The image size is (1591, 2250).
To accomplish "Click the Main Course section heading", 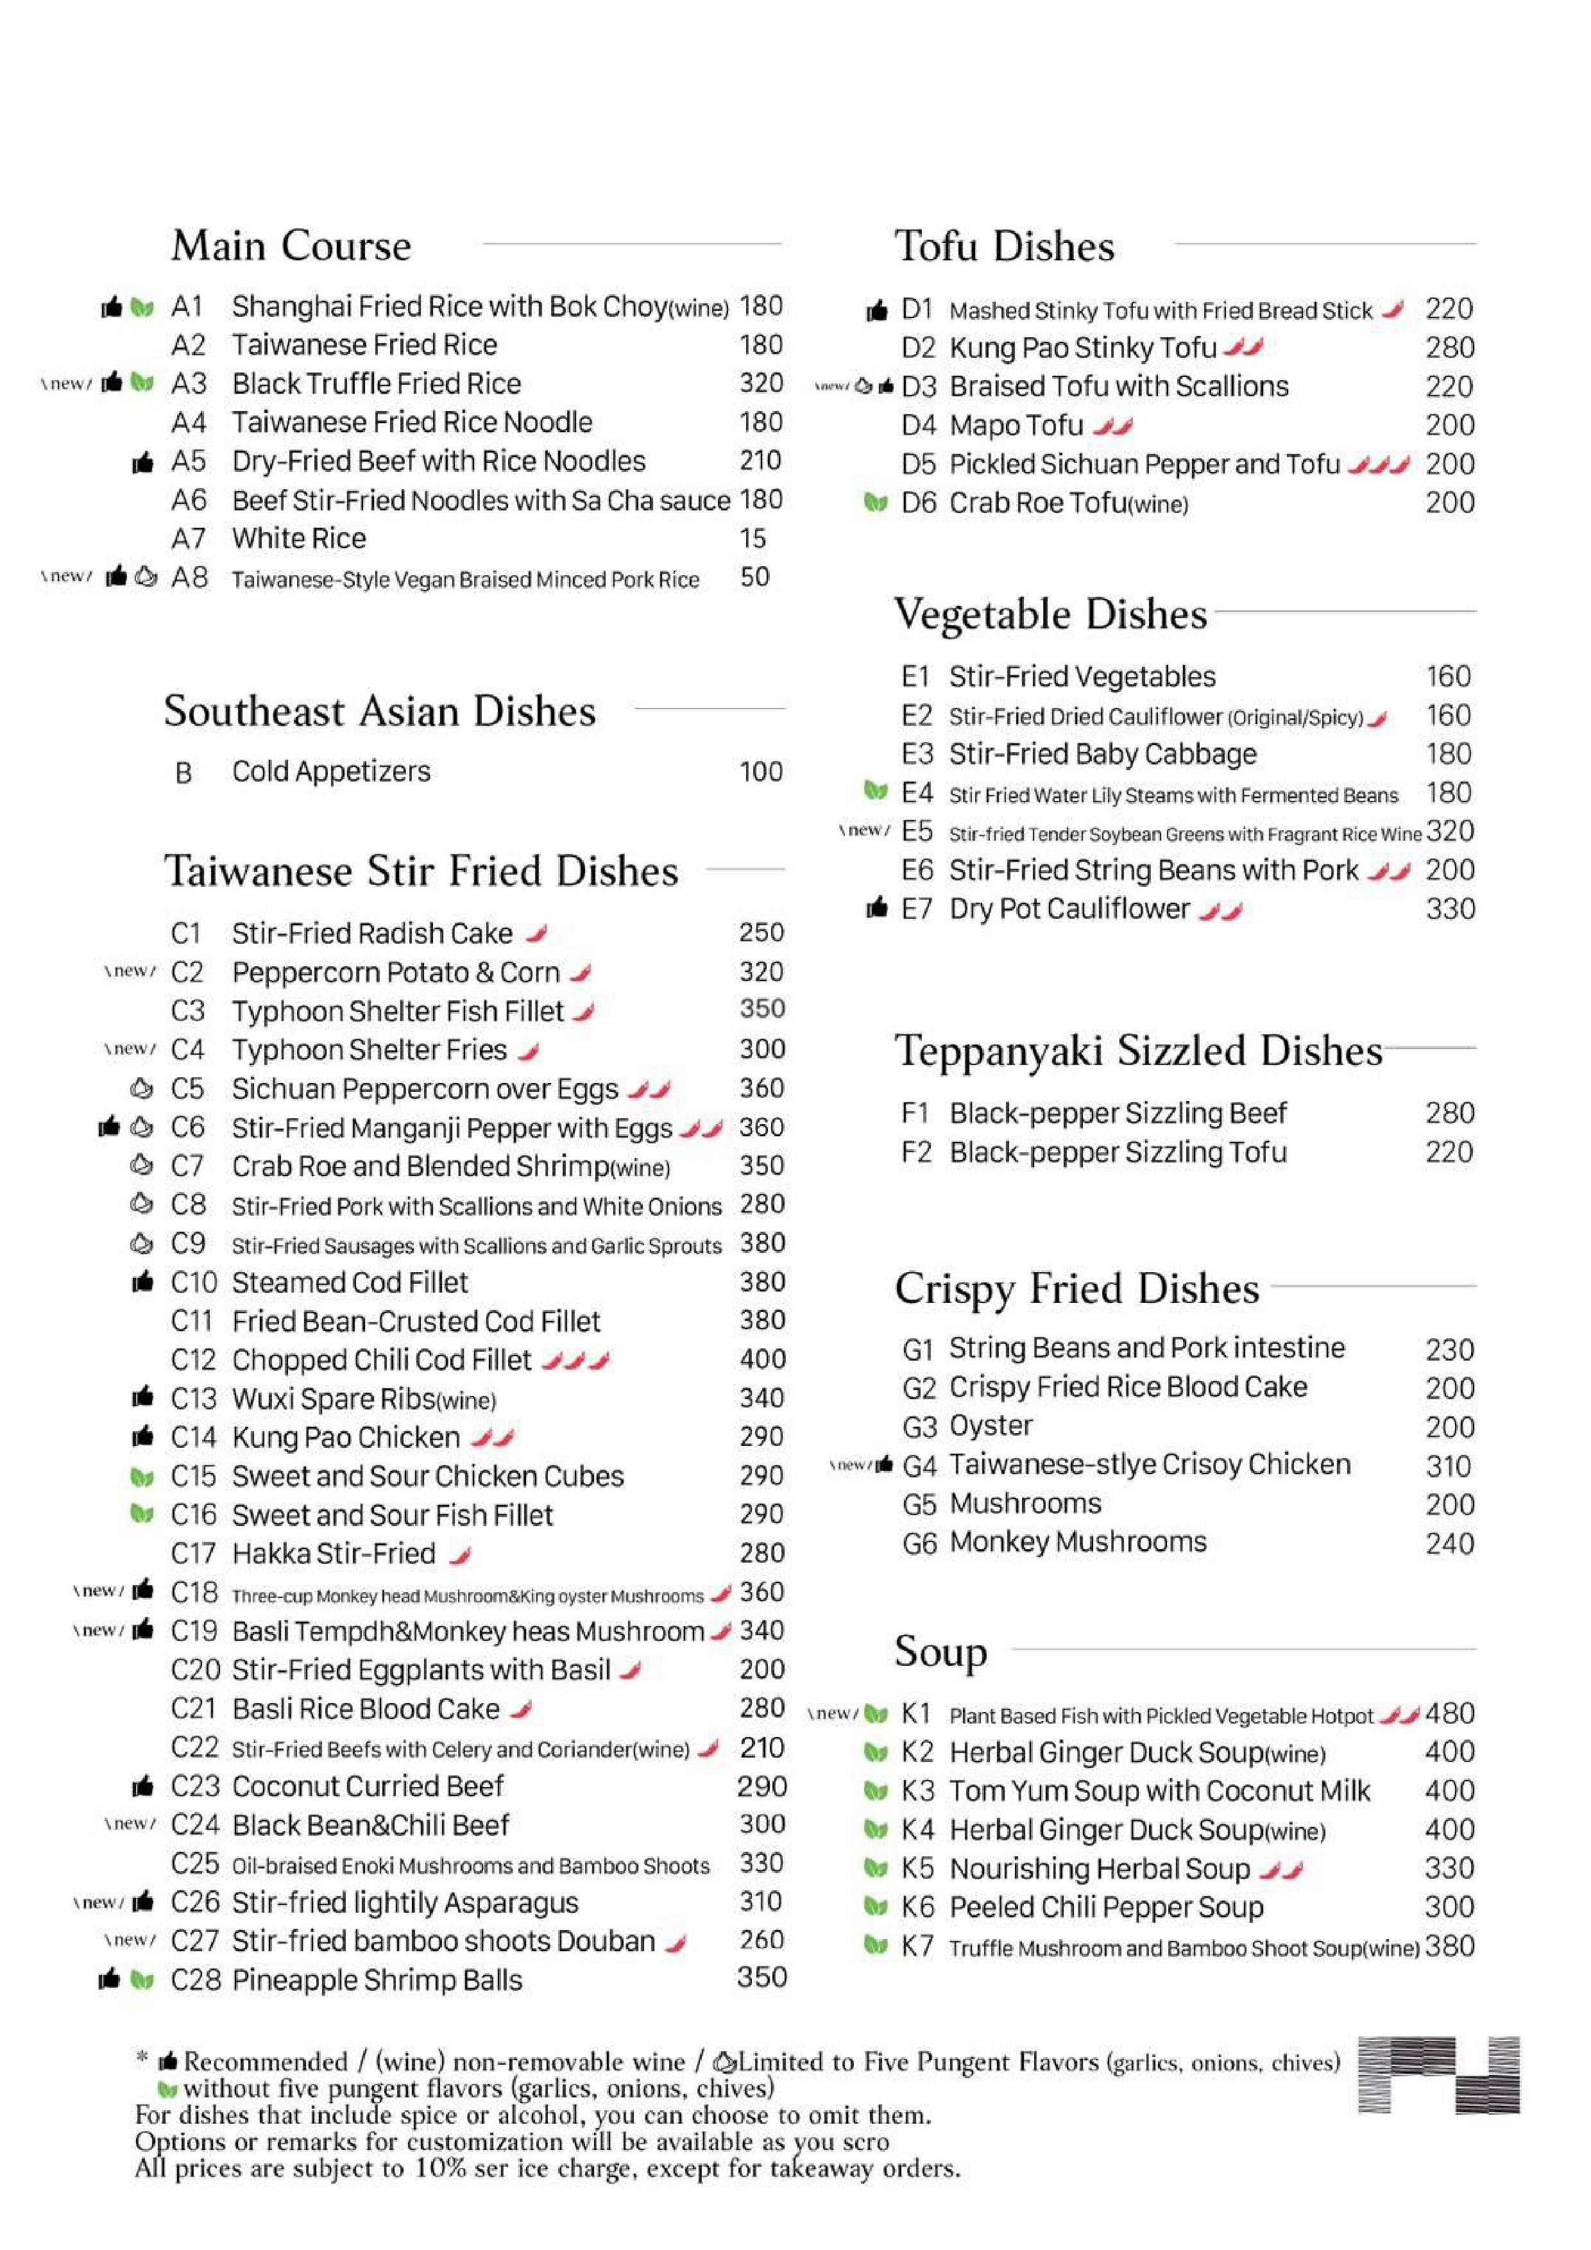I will click(x=291, y=246).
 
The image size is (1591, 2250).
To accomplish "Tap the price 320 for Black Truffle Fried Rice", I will click(x=761, y=383).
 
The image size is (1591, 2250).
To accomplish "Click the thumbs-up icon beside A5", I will click(x=143, y=462).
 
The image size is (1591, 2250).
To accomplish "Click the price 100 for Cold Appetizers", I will click(x=761, y=772).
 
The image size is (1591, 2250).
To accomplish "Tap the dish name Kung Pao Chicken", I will click(x=345, y=1438).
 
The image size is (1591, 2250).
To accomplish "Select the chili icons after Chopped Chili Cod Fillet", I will click(x=576, y=1360).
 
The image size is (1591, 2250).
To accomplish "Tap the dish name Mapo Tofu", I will click(x=1017, y=425).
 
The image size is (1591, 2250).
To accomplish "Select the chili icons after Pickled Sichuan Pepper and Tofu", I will click(x=1378, y=464).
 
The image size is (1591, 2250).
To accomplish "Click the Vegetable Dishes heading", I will click(x=1050, y=614).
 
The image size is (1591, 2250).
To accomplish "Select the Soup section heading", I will click(x=940, y=1651).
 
